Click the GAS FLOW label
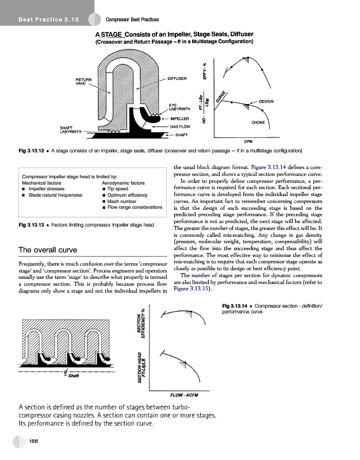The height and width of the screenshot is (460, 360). coord(180,126)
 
